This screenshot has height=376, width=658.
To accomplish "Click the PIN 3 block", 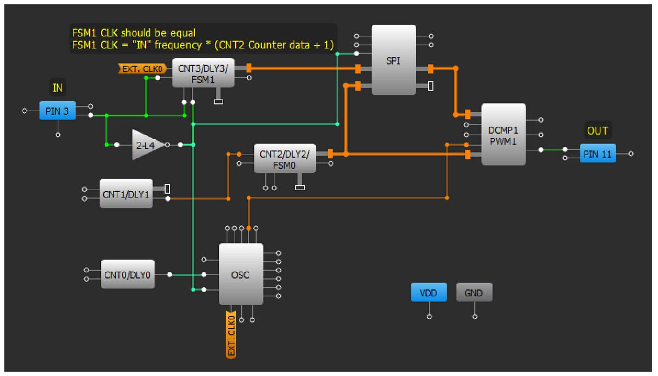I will point(57,111).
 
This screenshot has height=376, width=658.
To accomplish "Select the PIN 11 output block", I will point(598,154).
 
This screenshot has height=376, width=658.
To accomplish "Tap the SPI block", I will point(393,60).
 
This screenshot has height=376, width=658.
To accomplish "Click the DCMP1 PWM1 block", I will point(503,134).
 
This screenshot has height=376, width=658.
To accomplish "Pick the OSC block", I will point(240,275).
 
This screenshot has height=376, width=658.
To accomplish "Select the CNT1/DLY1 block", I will point(126,193).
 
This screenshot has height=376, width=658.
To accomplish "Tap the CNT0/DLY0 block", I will point(128,274).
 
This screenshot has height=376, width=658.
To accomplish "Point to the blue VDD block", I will point(428,293).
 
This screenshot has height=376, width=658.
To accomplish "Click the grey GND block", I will point(474,293).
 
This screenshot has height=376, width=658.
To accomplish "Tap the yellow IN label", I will point(57,87).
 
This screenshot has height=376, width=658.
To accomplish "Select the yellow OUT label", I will point(597,130).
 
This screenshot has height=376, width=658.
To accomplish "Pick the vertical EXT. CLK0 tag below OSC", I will point(231,334).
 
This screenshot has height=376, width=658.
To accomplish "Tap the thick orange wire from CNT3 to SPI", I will point(302,69).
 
